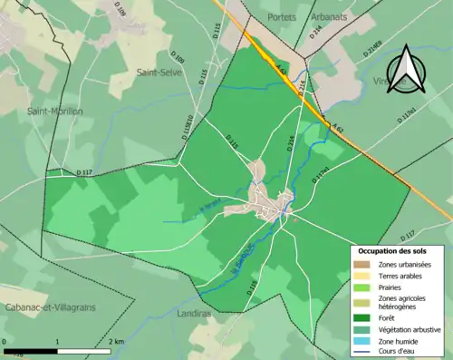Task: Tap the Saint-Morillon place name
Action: [54, 112]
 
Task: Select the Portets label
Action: [282, 18]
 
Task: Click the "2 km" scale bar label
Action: [116, 341]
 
